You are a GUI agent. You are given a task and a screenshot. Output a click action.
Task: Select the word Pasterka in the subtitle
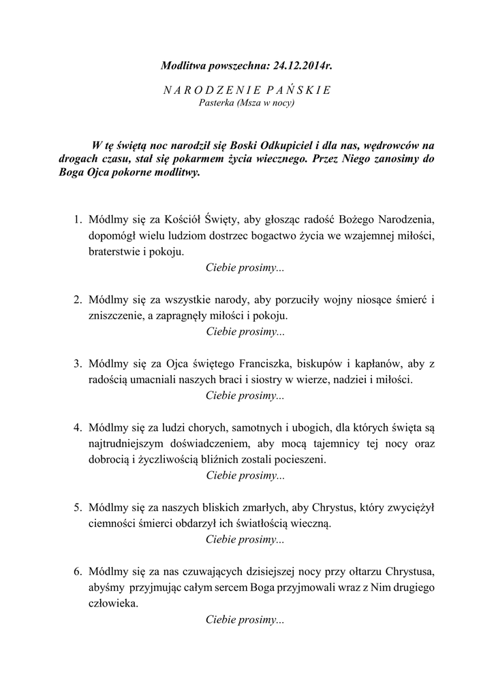coord(215,103)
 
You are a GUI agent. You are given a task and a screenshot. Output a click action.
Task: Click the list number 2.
coord(78,299)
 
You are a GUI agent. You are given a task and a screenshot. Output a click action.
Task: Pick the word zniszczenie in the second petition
coord(116,316)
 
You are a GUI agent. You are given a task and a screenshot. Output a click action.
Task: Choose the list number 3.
coord(78,363)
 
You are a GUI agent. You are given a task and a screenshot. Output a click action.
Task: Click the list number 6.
coord(78,572)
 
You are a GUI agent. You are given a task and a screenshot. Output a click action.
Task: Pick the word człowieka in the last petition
coord(112,604)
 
